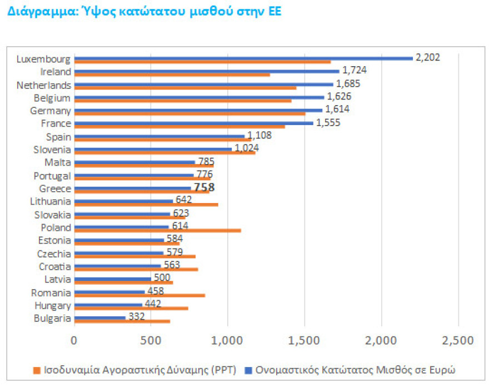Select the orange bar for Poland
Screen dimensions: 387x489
click(157, 230)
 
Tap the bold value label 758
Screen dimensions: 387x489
click(204, 188)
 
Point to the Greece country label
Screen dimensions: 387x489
click(54, 189)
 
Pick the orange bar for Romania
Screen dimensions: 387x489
click(139, 295)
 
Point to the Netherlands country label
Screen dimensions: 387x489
click(44, 85)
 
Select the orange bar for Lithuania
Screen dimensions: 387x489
click(146, 205)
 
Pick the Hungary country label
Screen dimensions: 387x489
click(53, 305)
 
